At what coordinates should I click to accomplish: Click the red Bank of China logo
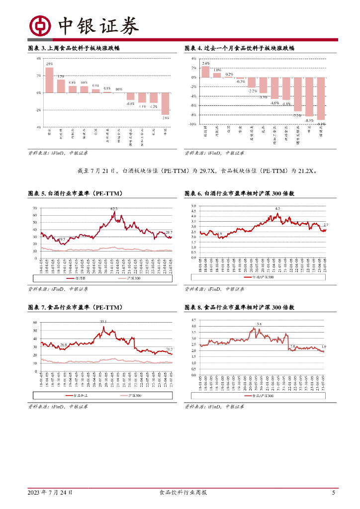pyautogui.click(x=39, y=25)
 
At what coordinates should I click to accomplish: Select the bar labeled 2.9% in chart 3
pyautogui.click(x=49, y=80)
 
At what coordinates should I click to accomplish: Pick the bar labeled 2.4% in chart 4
pyautogui.click(x=205, y=72)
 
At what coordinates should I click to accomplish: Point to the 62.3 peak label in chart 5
pyautogui.click(x=114, y=209)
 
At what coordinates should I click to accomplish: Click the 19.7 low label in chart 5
pyautogui.click(x=62, y=240)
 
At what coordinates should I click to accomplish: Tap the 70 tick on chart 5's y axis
pyautogui.click(x=35, y=208)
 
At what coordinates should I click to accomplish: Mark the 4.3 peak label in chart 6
pyautogui.click(x=277, y=208)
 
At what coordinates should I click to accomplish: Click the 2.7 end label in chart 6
pyautogui.click(x=326, y=225)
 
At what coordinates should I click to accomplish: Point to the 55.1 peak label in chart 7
pyautogui.click(x=104, y=322)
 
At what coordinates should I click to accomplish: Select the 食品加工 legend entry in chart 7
pyautogui.click(x=75, y=396)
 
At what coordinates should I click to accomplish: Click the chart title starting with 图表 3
pyautogui.click(x=73, y=48)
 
